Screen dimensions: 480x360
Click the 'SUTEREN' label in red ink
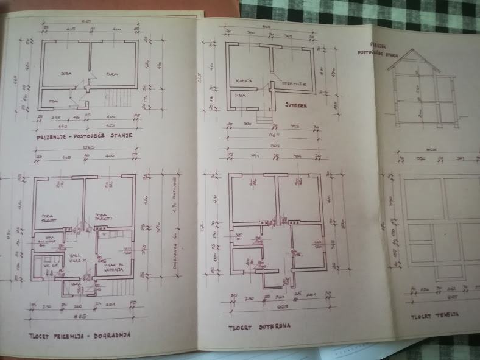(x=297, y=105)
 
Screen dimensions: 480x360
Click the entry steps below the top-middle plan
(x=264, y=118)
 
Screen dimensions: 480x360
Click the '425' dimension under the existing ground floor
(x=111, y=125)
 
